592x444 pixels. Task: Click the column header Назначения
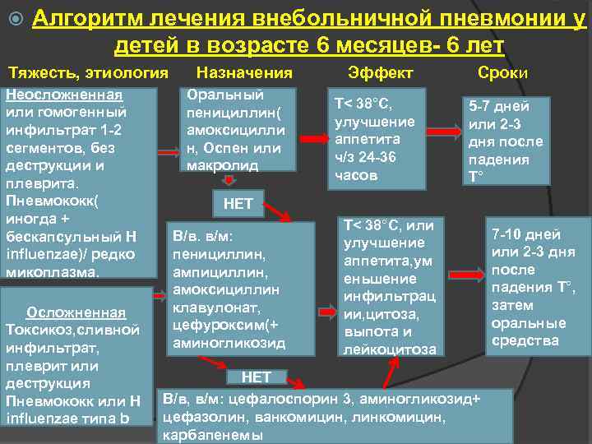click(244, 72)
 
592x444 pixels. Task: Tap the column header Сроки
click(502, 72)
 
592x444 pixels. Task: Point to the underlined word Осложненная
click(76, 312)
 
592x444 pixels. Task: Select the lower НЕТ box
click(255, 377)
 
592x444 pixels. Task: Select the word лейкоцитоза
click(384, 349)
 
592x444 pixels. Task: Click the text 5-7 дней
click(498, 106)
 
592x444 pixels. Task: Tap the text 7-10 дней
click(525, 234)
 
